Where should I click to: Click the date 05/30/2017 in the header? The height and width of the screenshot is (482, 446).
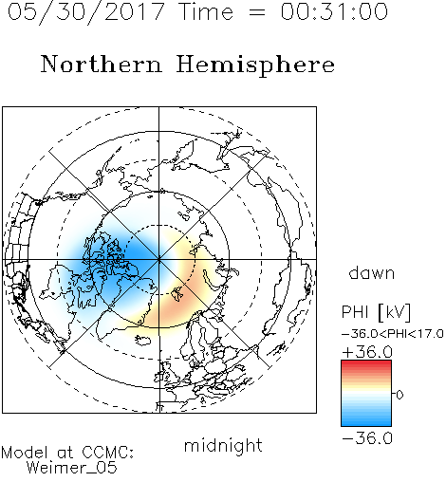point(85,12)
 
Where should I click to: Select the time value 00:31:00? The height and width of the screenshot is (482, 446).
point(334,11)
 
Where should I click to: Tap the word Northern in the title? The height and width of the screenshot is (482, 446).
point(102,64)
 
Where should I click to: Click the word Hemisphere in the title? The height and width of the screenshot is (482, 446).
point(255,65)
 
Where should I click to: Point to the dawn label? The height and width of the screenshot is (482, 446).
point(372,272)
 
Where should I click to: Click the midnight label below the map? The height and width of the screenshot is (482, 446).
point(223,445)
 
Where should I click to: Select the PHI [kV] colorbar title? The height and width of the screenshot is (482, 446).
point(377,312)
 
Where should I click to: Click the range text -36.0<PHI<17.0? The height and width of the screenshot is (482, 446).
point(393,334)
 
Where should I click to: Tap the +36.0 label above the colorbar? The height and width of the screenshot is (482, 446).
point(367,352)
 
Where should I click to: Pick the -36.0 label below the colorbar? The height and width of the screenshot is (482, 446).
point(367,438)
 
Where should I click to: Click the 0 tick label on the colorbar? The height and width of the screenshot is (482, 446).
point(400,395)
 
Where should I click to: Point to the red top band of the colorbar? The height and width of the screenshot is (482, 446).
point(366,363)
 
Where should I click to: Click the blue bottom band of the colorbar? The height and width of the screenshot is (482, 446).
point(366,422)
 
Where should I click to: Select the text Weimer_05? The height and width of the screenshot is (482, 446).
point(72,467)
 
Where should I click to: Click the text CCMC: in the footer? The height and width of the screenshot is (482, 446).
point(108,453)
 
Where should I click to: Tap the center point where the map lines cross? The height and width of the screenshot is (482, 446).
point(159,259)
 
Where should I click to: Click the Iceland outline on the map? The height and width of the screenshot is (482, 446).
point(142,341)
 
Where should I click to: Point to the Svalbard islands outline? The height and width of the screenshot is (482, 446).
point(177,294)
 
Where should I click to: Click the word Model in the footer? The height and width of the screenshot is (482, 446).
point(25,453)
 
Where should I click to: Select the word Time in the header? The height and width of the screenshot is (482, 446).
point(206,12)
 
